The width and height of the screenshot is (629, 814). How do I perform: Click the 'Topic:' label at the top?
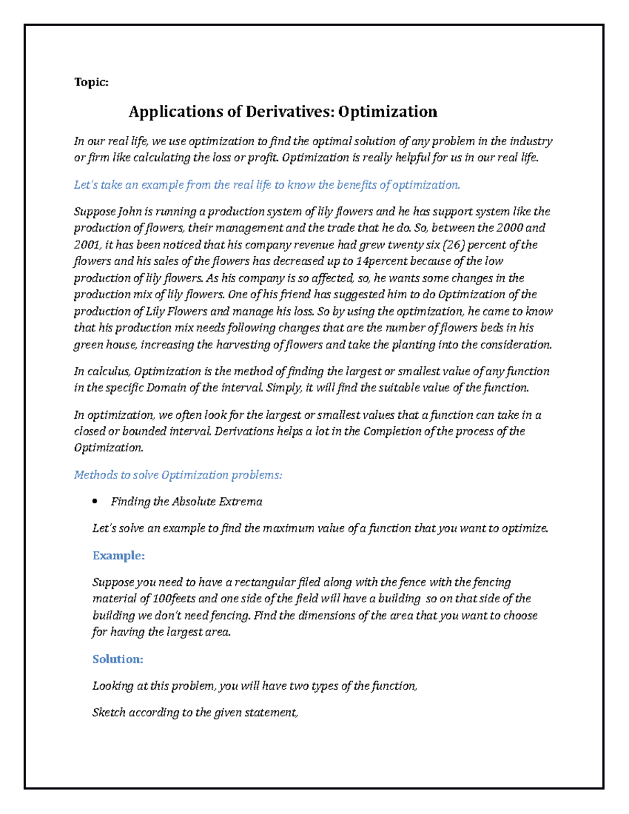[x=91, y=82]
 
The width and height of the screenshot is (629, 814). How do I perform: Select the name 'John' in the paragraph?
[x=129, y=212]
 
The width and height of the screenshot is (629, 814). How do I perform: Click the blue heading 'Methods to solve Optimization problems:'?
[x=178, y=475]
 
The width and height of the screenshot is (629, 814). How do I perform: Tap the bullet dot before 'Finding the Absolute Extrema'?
[x=95, y=502]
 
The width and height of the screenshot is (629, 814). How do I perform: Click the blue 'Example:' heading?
[x=118, y=556]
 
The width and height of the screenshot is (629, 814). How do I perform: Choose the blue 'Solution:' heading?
[x=118, y=659]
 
